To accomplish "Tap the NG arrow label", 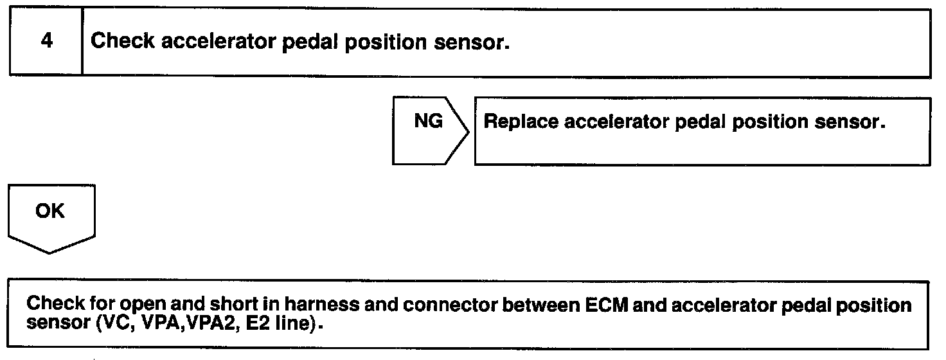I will point(428,122).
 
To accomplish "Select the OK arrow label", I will point(51,211).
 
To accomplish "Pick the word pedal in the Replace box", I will point(698,123).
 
